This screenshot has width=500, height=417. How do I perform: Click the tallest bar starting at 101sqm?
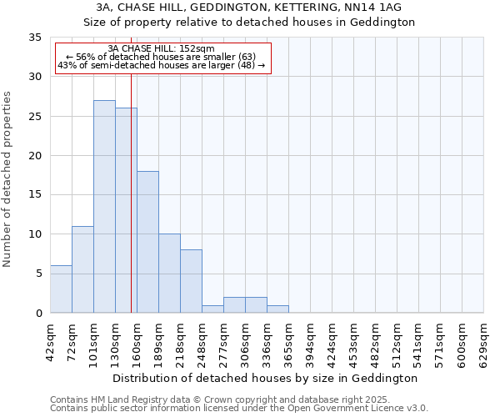[104, 207]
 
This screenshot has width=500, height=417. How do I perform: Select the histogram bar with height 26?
[126, 210]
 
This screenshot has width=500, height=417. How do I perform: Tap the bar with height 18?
[147, 242]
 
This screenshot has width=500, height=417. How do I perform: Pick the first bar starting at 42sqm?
[61, 289]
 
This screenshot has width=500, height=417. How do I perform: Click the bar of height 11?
[82, 269]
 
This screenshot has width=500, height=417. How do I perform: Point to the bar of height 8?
[191, 281]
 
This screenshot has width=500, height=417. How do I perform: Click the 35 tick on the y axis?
[35, 38]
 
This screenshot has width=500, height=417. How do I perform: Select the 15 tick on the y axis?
[35, 195]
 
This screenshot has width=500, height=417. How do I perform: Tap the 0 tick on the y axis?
[38, 313]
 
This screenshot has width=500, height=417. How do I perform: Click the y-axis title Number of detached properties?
[7, 179]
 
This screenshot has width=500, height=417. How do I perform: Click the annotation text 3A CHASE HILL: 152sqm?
[162, 48]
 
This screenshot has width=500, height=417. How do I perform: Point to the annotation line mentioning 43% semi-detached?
[162, 65]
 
